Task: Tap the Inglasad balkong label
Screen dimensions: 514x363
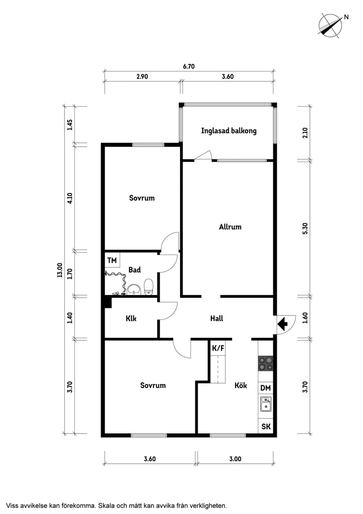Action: [228, 131]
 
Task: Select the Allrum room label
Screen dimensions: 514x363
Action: [230, 227]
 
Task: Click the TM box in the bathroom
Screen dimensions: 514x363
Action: [112, 260]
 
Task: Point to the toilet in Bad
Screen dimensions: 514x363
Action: [148, 286]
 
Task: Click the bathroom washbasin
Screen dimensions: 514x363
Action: [134, 289]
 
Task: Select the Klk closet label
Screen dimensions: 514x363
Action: [131, 318]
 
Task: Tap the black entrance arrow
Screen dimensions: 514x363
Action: [282, 324]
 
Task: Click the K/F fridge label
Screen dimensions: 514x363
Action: [218, 348]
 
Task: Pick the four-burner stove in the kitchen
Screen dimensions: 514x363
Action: [265, 364]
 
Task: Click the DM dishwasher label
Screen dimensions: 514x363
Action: [265, 388]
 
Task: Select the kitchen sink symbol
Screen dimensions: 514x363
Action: [265, 404]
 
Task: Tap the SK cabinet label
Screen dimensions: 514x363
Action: [266, 426]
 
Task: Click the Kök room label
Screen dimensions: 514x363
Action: [240, 385]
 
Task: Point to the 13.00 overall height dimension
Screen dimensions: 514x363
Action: [59, 270]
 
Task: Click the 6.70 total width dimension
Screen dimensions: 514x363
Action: [189, 67]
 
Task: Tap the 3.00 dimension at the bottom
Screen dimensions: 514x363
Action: [235, 459]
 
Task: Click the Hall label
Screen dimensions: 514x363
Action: [216, 318]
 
